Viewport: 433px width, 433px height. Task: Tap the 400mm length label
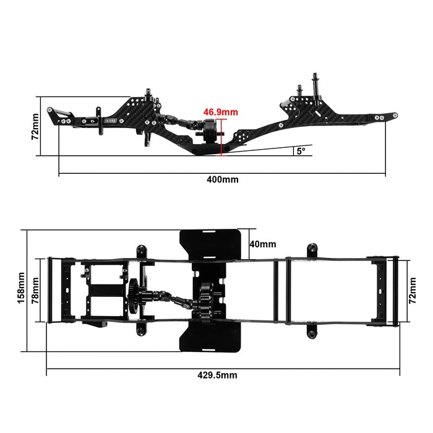pyautogui.click(x=223, y=179)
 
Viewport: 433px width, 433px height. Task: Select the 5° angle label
pyautogui.click(x=301, y=151)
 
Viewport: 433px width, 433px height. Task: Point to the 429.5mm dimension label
pyautogui.click(x=216, y=375)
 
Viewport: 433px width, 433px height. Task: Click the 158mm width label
pyautogui.click(x=21, y=289)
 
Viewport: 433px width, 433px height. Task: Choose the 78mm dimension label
pyautogui.click(x=36, y=289)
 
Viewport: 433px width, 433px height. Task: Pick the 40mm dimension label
pyautogui.click(x=262, y=244)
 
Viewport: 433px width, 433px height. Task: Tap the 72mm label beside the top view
pyautogui.click(x=413, y=289)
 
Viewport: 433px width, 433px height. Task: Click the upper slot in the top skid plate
pyautogui.click(x=209, y=233)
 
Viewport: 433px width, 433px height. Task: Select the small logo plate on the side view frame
pyautogui.click(x=113, y=115)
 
